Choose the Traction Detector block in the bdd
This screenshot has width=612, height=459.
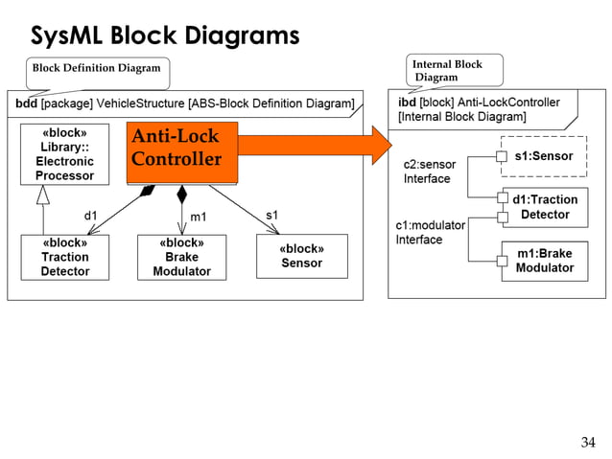[65, 257]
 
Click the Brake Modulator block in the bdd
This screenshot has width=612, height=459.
[181, 257]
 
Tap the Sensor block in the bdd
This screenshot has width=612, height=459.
[301, 256]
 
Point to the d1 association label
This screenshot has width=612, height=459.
[91, 216]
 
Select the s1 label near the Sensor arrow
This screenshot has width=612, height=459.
[271, 214]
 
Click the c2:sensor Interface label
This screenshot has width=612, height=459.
[429, 172]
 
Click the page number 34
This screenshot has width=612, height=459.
[588, 442]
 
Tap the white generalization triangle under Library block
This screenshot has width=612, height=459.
[41, 194]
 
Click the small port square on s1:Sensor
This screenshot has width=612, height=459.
[501, 156]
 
